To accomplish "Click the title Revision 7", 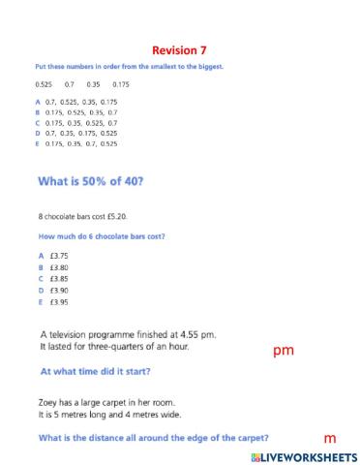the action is [x=179, y=49].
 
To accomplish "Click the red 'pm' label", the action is [x=284, y=351].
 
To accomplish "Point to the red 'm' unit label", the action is [x=329, y=439].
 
